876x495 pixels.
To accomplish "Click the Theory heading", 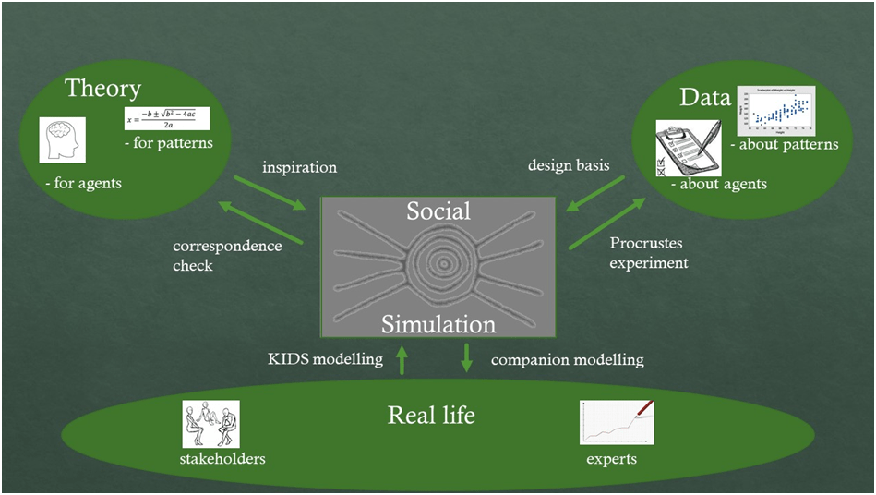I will click(102, 89).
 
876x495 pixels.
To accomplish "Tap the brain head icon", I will click(63, 140).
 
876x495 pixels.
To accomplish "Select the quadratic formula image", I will click(167, 119).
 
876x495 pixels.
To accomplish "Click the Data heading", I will click(704, 98).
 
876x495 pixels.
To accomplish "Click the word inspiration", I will click(299, 167).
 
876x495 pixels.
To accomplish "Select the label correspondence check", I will click(226, 256).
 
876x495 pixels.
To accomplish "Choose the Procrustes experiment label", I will click(649, 253).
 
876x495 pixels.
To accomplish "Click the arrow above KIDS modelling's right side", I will click(402, 359).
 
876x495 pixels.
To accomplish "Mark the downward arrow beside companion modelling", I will click(466, 358).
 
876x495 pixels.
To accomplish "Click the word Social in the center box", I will click(438, 211).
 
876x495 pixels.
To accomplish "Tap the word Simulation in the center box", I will click(438, 324).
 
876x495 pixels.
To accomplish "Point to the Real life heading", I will click(431, 415).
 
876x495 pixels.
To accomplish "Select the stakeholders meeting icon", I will click(210, 424).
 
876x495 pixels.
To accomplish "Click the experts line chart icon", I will click(617, 423).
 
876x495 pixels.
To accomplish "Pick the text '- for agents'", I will click(83, 184).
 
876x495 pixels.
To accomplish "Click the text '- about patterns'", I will click(784, 145).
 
